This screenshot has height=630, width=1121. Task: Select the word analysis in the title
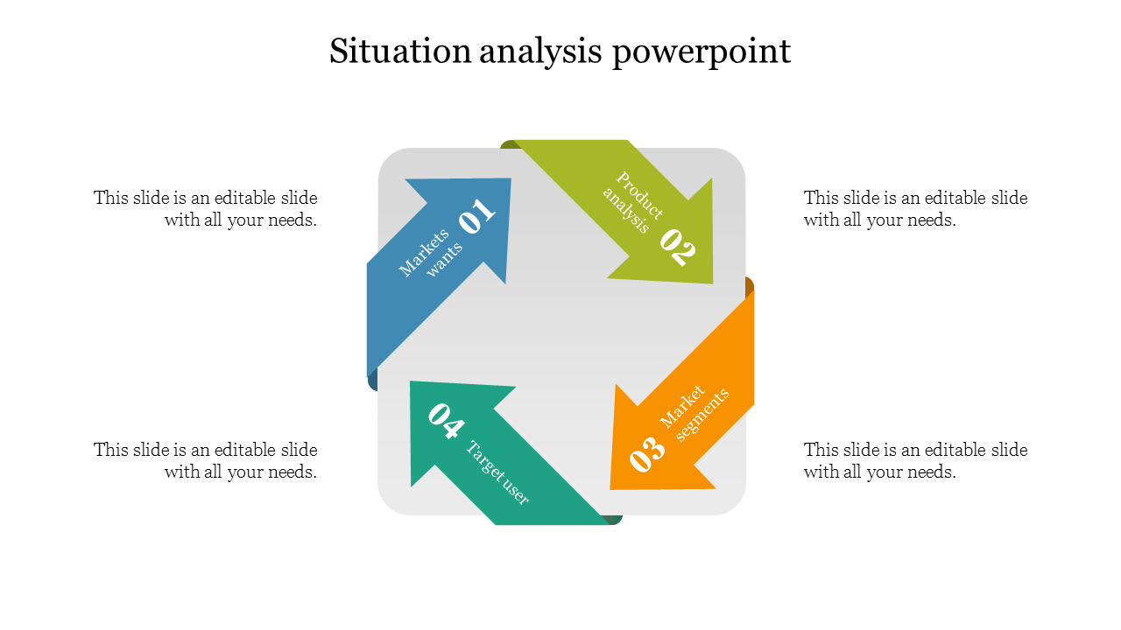tap(541, 52)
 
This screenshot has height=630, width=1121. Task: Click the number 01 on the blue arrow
tap(476, 216)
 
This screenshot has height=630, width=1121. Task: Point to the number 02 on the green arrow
tap(678, 247)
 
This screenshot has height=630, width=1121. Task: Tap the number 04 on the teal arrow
tap(445, 420)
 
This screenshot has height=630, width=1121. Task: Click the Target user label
tap(497, 473)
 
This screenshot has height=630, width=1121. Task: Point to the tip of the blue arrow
tap(510, 180)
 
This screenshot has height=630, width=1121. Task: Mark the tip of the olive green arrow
tap(712, 282)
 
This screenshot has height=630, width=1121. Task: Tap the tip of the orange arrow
tap(611, 487)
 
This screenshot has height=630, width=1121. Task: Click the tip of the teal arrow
tap(411, 382)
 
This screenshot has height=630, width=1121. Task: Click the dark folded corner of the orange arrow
tap(750, 286)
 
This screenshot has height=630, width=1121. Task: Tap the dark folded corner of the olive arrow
tap(507, 144)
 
